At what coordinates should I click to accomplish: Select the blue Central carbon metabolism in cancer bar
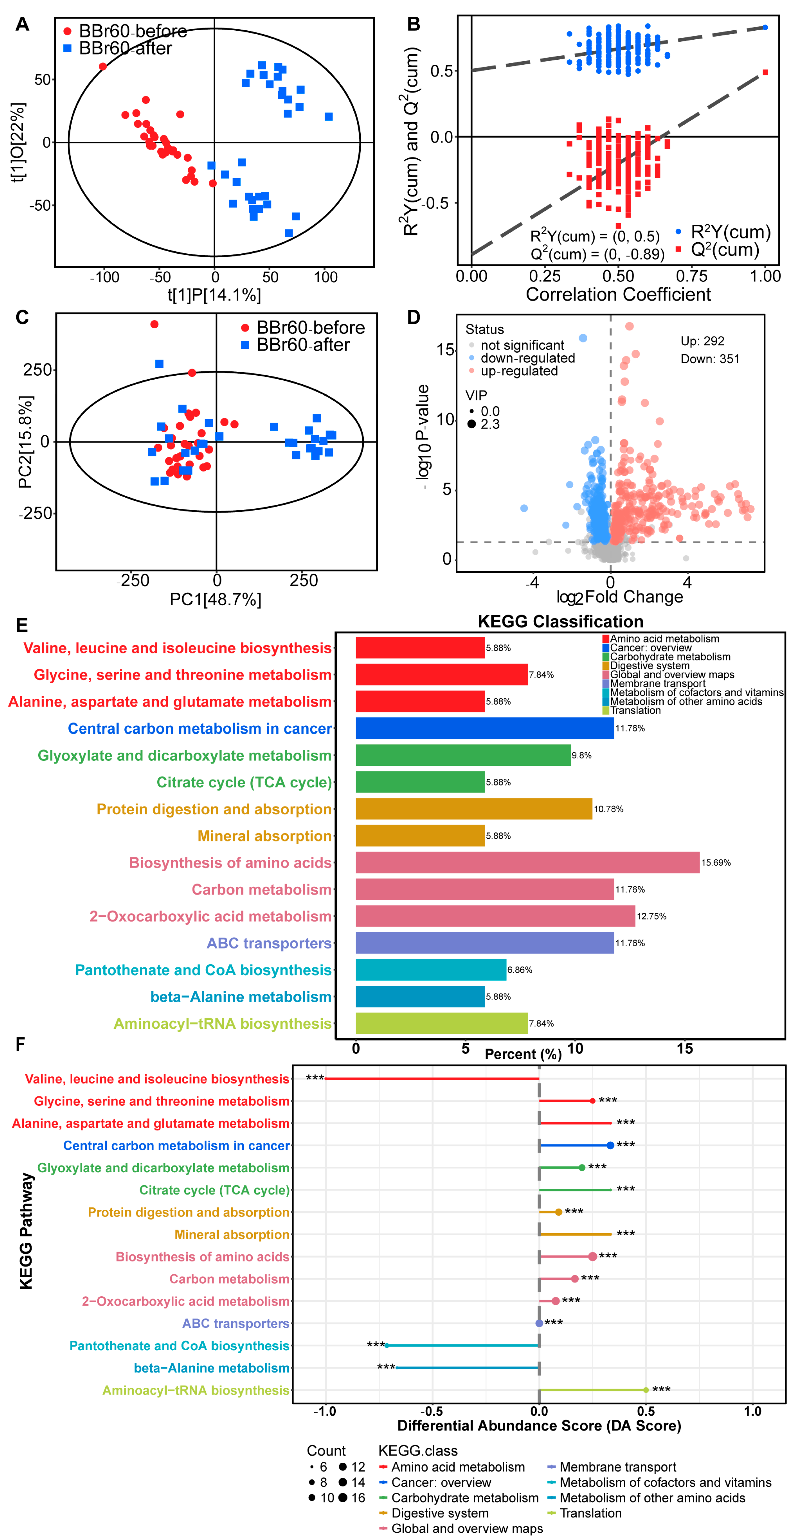485,728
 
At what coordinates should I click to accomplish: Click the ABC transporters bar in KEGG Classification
485,943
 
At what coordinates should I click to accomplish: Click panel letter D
413,318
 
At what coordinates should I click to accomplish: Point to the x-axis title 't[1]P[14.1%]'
214,295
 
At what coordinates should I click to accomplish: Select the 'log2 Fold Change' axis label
620,597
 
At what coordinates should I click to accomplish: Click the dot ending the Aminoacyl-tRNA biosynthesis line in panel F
645,1390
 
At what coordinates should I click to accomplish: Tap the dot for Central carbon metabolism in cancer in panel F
610,1145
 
